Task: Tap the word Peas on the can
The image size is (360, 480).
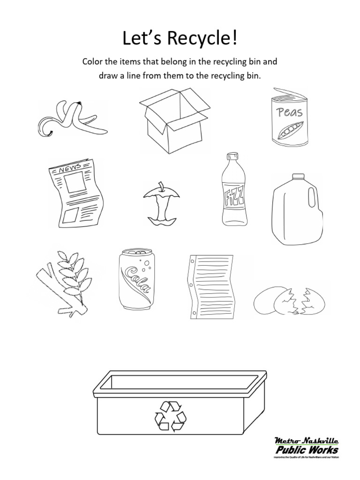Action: (290, 112)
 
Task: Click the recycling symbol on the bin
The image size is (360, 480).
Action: (170, 416)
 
